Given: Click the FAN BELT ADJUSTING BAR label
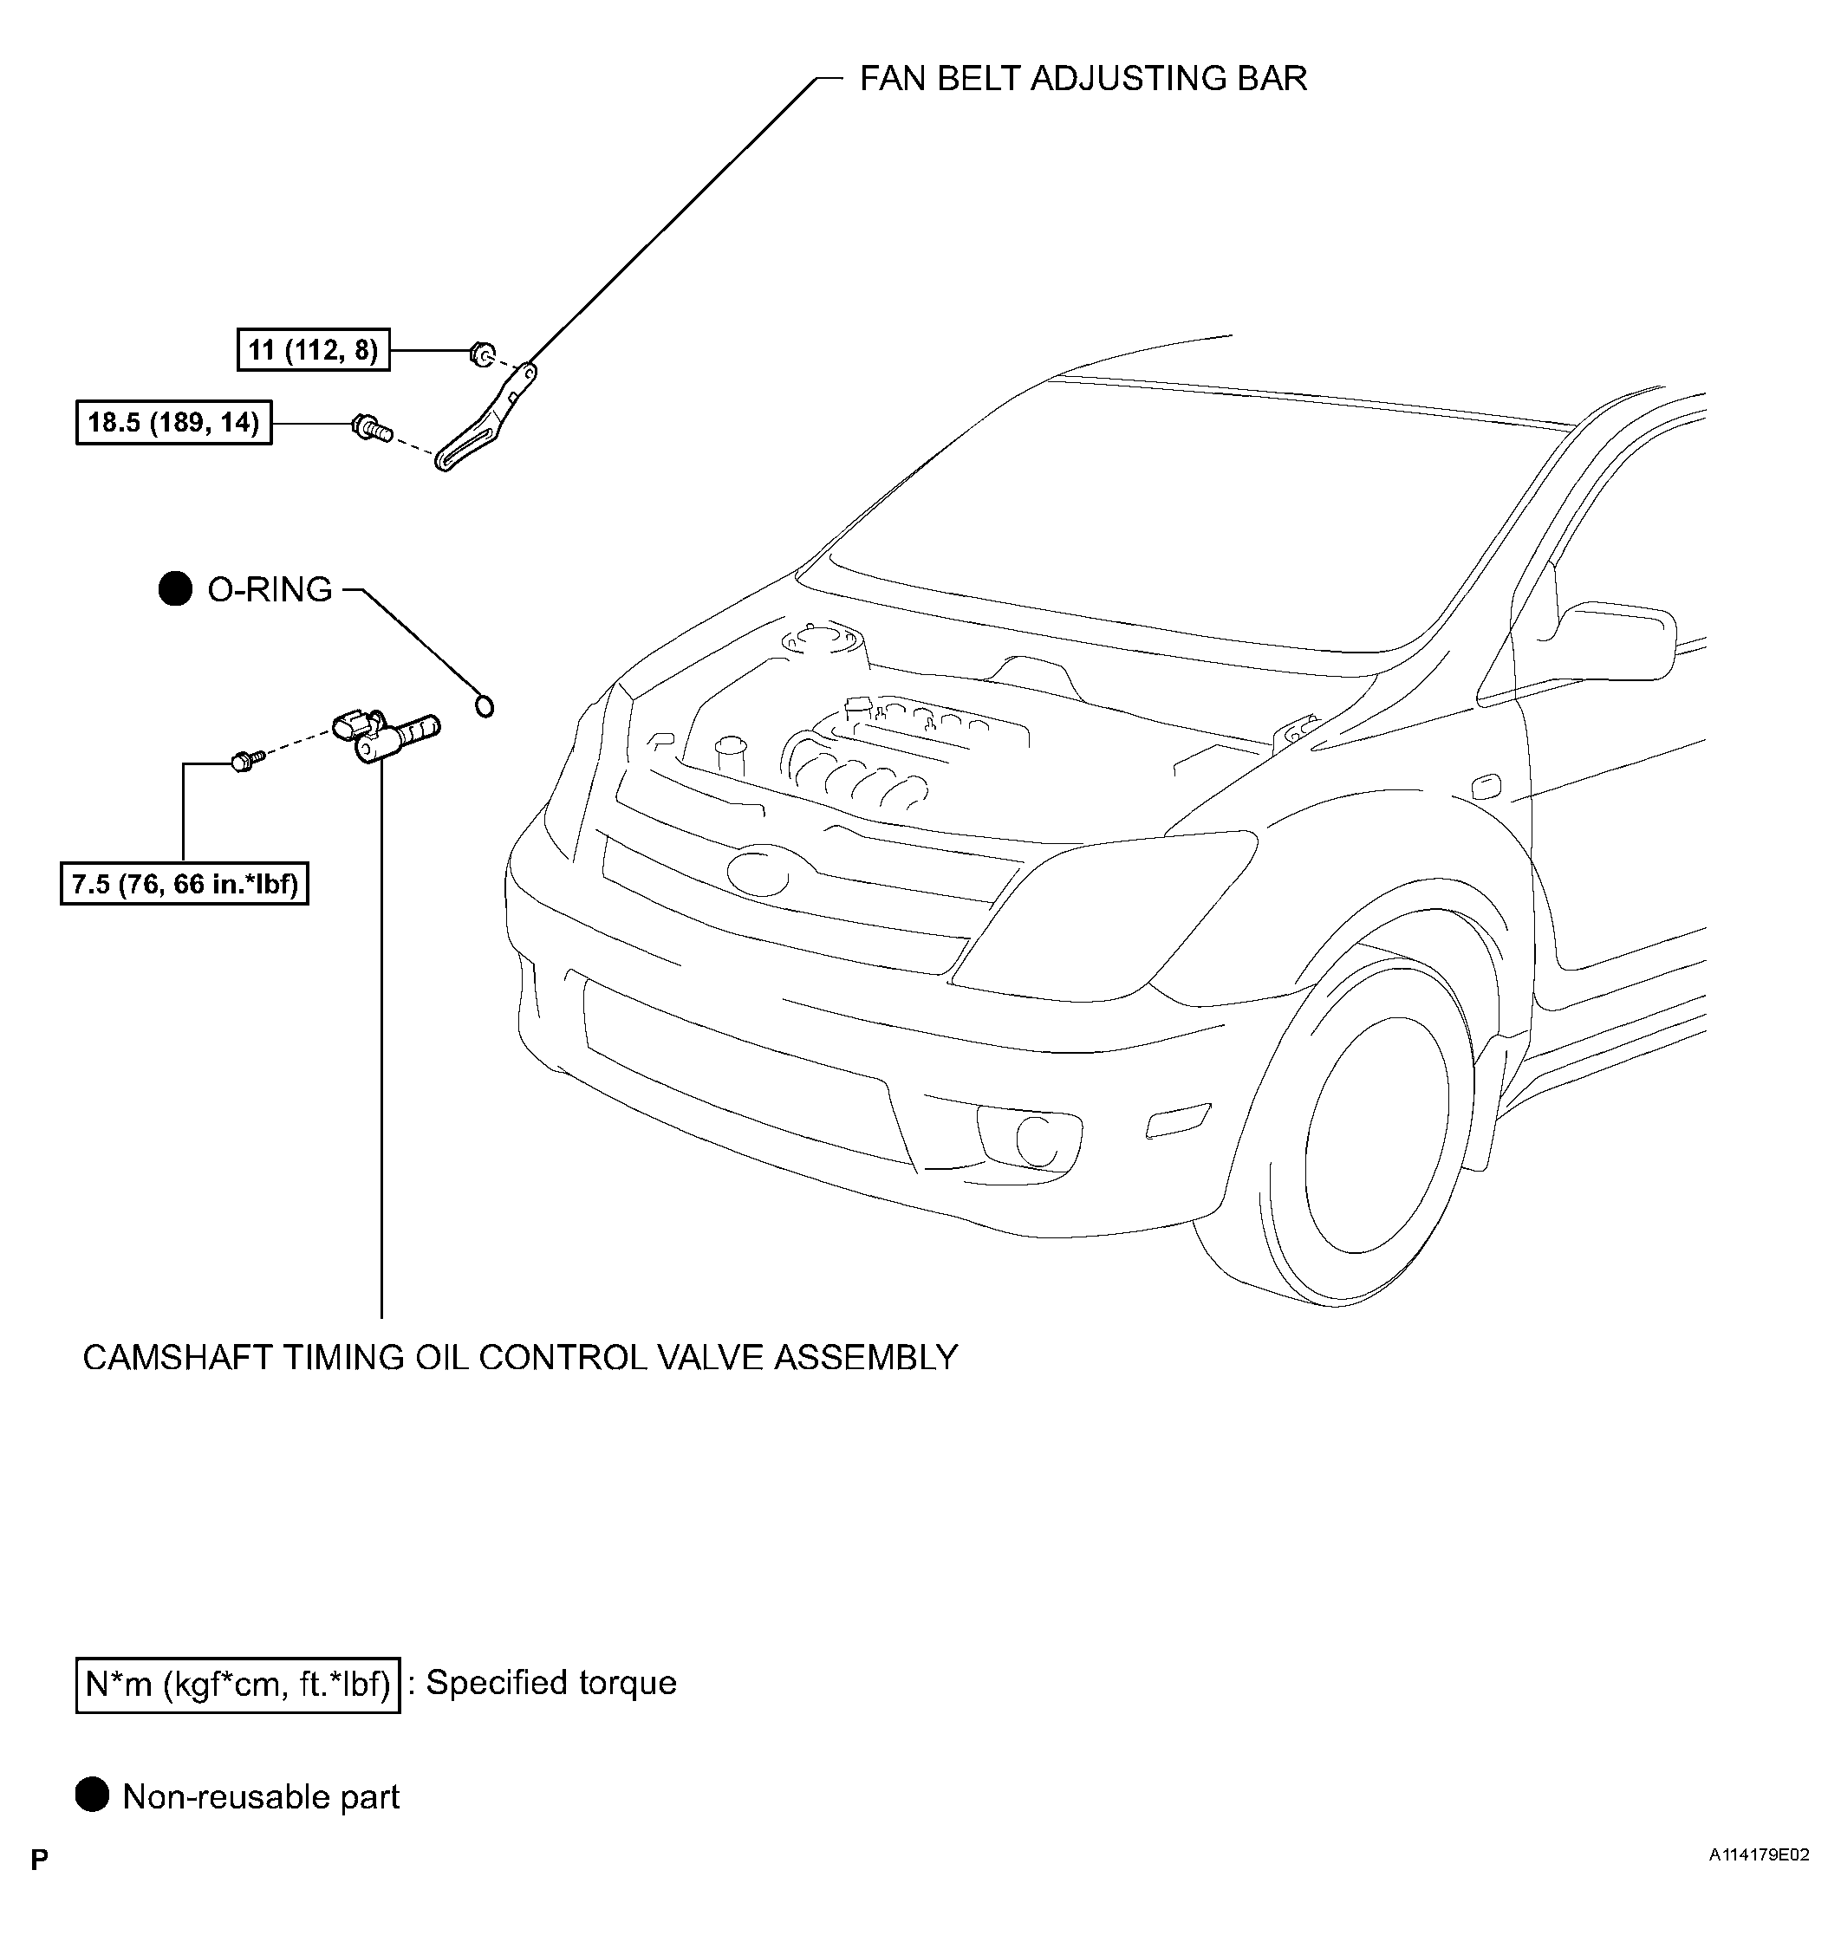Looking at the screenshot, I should coord(1083,79).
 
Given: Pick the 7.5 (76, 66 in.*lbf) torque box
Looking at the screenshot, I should coord(185,884).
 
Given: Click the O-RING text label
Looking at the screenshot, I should coord(270,588).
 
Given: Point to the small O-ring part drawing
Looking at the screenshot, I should coord(484,705).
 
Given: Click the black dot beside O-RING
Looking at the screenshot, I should coord(176,588).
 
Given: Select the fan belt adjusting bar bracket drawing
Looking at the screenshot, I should coord(485,418).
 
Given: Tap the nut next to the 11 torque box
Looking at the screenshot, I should coord(482,354).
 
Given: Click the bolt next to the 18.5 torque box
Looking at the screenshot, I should coord(370,427).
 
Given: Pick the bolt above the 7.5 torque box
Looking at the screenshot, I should coord(244,759).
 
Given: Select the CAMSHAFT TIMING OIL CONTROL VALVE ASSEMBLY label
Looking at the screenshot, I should coord(520,1357).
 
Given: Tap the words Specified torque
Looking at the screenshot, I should coord(550,1683).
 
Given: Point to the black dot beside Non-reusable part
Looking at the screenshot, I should coord(92,1795).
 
